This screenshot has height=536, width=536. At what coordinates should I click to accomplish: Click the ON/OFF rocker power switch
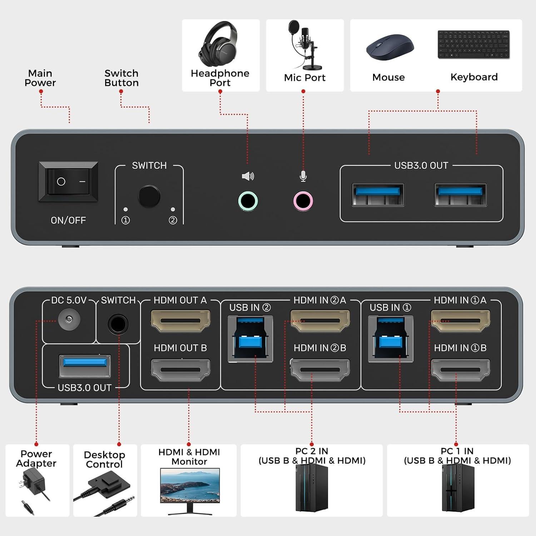click(68, 182)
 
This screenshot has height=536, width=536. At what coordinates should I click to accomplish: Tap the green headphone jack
click(248, 201)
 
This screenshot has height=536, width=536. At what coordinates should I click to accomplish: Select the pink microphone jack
click(303, 201)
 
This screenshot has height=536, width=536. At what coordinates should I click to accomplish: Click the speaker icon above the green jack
click(248, 176)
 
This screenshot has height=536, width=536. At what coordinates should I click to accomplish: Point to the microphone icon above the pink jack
click(303, 176)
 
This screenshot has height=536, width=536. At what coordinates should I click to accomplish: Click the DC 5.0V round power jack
click(69, 319)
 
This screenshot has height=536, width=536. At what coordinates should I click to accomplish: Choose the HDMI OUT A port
click(180, 320)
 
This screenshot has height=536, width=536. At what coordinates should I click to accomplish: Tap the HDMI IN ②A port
click(320, 320)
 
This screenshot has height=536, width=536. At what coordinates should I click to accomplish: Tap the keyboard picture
click(473, 44)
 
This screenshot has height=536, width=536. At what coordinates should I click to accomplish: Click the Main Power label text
click(40, 78)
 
